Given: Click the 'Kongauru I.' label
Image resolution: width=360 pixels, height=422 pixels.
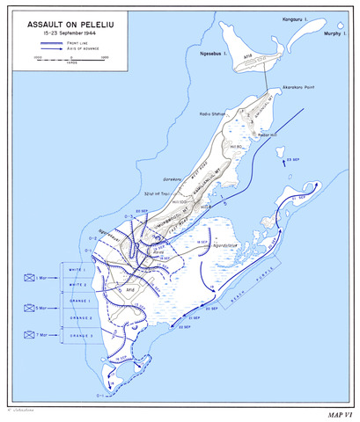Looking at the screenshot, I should [x=299, y=16].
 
